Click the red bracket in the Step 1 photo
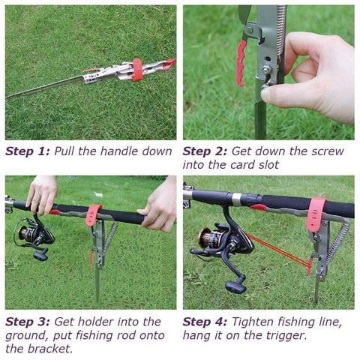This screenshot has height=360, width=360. coord(137,69)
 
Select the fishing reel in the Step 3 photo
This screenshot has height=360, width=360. coord(34,235)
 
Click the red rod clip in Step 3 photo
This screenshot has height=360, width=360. coord(94,214)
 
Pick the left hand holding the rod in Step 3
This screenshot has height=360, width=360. coord(43,193)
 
